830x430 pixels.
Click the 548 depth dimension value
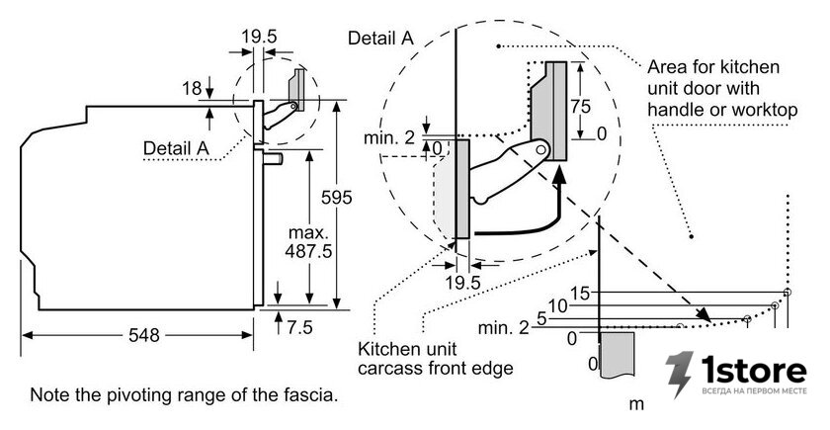click(x=144, y=335)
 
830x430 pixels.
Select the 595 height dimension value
click(x=337, y=198)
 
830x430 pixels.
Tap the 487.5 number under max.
click(x=308, y=251)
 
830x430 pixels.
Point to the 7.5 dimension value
click(x=300, y=328)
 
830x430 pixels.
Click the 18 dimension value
click(x=192, y=88)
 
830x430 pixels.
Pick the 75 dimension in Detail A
click(x=581, y=107)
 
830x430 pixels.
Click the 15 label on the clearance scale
click(x=581, y=293)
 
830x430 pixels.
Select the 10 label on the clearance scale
click(x=558, y=306)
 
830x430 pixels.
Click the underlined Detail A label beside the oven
click(x=176, y=148)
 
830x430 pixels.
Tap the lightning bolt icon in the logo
click(x=679, y=374)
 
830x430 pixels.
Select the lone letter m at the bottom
click(x=636, y=404)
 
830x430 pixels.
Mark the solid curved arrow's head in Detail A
click(x=558, y=172)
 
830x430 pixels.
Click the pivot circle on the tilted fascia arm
click(x=539, y=150)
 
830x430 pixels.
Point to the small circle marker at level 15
click(x=788, y=292)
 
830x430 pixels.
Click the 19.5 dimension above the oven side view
click(x=259, y=37)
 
